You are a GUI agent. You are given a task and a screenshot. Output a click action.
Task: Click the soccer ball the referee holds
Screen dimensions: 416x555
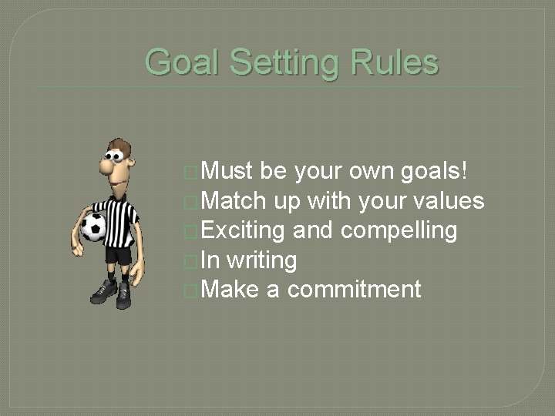pyautogui.click(x=93, y=227)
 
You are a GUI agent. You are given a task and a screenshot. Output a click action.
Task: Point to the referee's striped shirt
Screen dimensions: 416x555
pyautogui.click(x=122, y=220)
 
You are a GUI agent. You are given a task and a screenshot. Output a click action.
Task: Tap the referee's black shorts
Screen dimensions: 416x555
pyautogui.click(x=119, y=253)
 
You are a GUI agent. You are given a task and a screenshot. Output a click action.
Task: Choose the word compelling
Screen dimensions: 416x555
pyautogui.click(x=399, y=230)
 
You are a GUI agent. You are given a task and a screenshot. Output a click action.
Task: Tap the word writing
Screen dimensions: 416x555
pyautogui.click(x=261, y=260)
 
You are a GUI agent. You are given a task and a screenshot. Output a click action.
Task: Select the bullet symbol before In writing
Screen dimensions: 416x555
pyautogui.click(x=191, y=261)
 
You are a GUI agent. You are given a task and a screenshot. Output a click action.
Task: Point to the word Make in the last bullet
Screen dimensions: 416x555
pyautogui.click(x=230, y=289)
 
